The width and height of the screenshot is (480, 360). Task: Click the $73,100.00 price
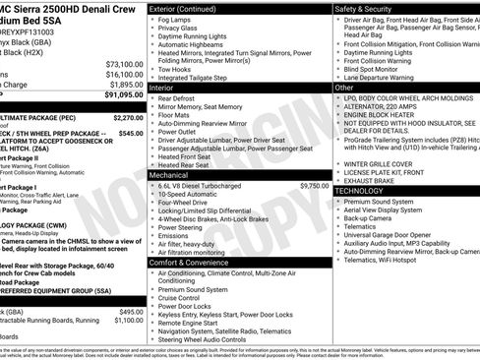[x=124, y=64]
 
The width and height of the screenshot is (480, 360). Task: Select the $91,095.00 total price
[x=123, y=95]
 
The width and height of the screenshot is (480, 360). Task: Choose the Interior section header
[x=167, y=89]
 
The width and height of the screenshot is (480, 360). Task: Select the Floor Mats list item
[x=176, y=117]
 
